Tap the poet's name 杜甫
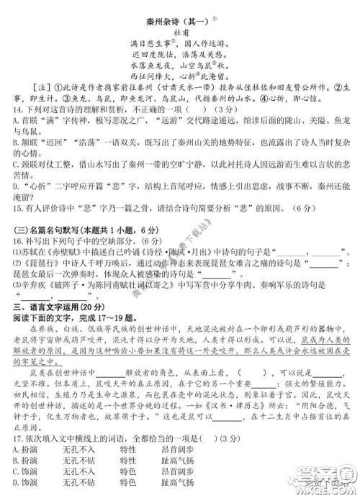pos(180,31)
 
